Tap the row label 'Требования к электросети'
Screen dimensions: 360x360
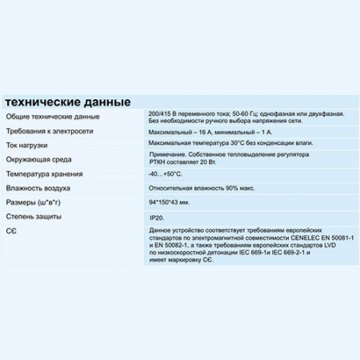pyautogui.click(x=50, y=130)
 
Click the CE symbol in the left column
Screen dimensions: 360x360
pyautogui.click(x=11, y=230)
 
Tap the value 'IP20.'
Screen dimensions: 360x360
pyautogui.click(x=157, y=217)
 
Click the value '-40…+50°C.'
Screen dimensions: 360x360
pyautogui.click(x=165, y=174)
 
